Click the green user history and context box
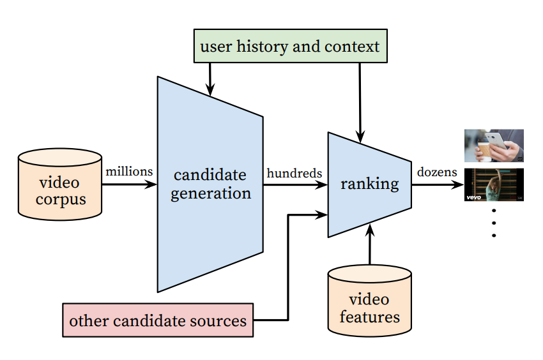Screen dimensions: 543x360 tap(290, 46)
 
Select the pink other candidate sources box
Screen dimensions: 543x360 tap(158, 320)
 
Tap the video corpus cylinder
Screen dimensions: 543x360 tap(60, 184)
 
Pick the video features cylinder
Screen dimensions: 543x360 tap(369, 301)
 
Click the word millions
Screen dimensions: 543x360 tap(129, 171)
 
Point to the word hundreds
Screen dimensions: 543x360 tap(294, 173)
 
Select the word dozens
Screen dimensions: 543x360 tap(437, 172)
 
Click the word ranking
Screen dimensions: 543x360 tap(369, 184)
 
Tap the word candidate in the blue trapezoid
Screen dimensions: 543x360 tap(210, 175)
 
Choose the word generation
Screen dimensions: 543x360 tap(211, 193)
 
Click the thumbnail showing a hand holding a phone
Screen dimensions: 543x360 tap(494, 146)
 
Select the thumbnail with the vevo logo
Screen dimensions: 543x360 tap(494, 184)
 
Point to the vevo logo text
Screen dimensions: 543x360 tap(473, 197)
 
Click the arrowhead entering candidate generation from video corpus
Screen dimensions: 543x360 tap(151, 184)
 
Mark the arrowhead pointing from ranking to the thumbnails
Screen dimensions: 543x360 tap(457, 184)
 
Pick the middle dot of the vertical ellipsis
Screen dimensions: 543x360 tap(494, 223)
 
